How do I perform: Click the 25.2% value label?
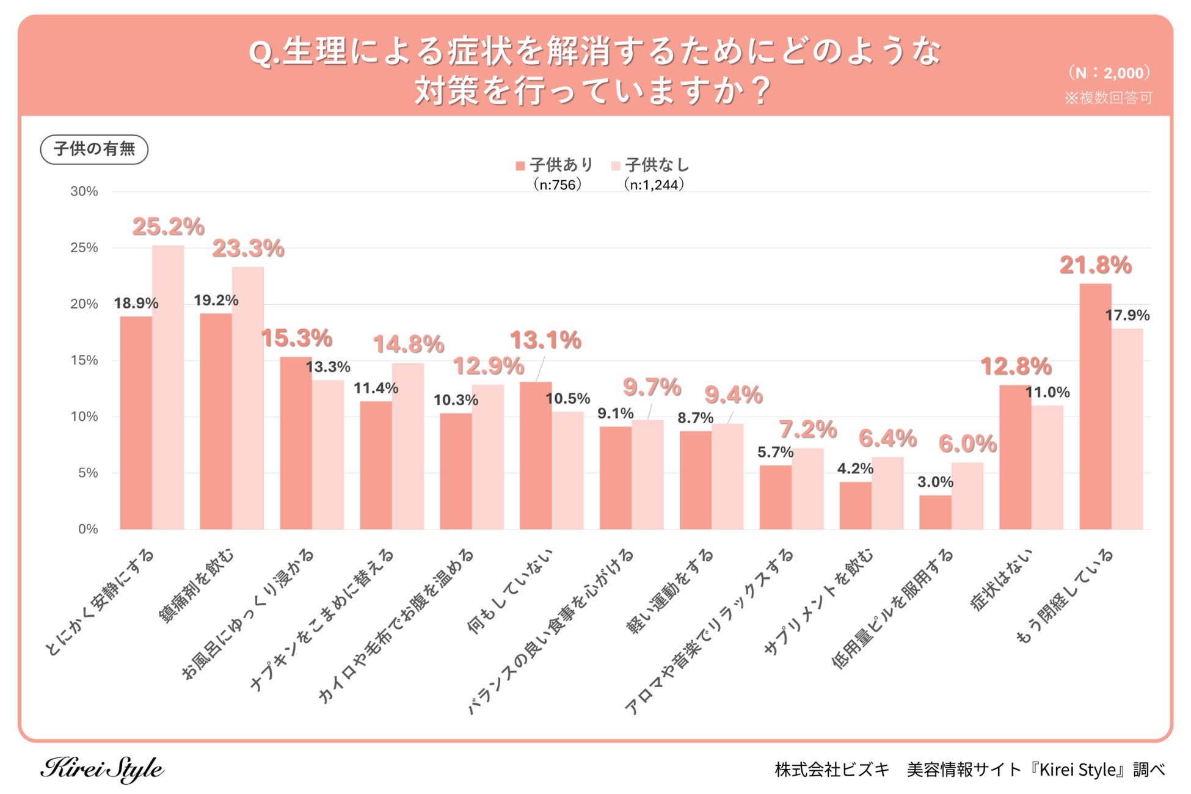pyautogui.click(x=168, y=227)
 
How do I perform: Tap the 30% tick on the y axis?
pyautogui.click(x=84, y=191)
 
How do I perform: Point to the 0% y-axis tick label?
pyautogui.click(x=88, y=529)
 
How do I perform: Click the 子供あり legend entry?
pyautogui.click(x=555, y=165)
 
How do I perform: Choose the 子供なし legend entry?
pyautogui.click(x=651, y=165)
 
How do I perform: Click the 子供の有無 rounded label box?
pyautogui.click(x=94, y=149)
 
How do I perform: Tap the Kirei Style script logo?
pyautogui.click(x=102, y=769)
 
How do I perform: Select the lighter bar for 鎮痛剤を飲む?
pyautogui.click(x=248, y=398)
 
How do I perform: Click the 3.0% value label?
pyautogui.click(x=935, y=482)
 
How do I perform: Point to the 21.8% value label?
pyautogui.click(x=1095, y=265)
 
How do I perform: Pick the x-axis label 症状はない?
pyautogui.click(x=1002, y=580)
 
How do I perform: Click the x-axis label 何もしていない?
pyautogui.click(x=511, y=591)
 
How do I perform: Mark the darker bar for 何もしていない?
pyautogui.click(x=536, y=455)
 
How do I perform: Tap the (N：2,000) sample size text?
pyautogui.click(x=1109, y=73)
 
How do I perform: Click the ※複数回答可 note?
pyautogui.click(x=1108, y=98)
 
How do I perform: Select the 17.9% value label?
pyautogui.click(x=1127, y=315)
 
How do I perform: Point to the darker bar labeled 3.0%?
pyautogui.click(x=935, y=512)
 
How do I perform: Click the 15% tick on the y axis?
pyautogui.click(x=84, y=360)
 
